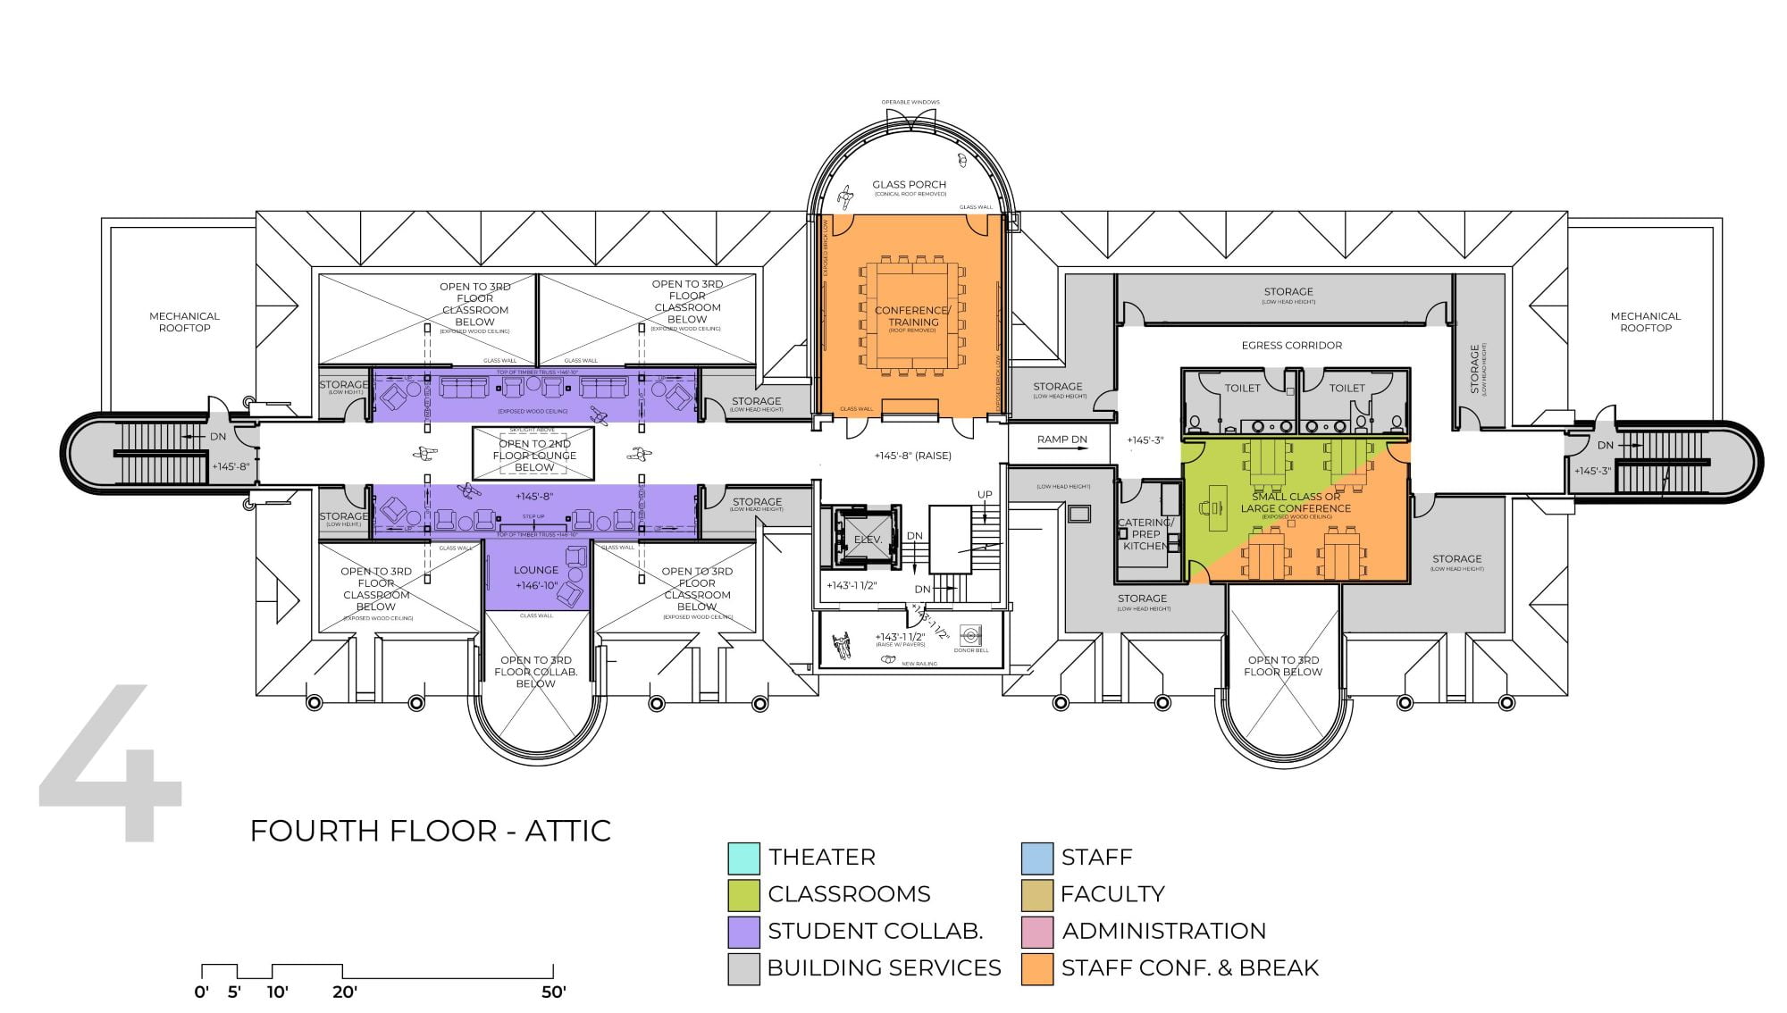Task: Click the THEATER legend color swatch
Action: pos(743,858)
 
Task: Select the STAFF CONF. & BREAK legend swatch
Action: pos(1037,968)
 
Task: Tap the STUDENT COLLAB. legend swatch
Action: pos(743,932)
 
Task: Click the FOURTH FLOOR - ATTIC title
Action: pos(430,831)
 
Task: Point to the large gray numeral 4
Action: pos(112,764)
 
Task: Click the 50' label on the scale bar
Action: pos(553,992)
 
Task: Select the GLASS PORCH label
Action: pos(909,185)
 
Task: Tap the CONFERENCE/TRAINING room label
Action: pos(912,315)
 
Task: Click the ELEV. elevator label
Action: pos(867,540)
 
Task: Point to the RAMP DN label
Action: pos(1061,440)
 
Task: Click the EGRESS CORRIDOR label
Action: pos(1291,345)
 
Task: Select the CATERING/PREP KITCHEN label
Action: pos(1145,534)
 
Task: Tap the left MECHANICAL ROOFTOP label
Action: pos(184,322)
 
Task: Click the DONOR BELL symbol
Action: pos(971,636)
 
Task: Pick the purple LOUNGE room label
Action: pos(536,570)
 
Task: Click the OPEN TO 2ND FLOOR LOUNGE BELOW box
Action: pos(534,455)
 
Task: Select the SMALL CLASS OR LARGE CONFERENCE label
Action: pos(1295,503)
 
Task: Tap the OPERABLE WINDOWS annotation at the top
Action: pos(910,102)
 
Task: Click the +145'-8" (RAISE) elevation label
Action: pos(912,456)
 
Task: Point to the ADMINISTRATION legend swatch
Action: pos(1037,932)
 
